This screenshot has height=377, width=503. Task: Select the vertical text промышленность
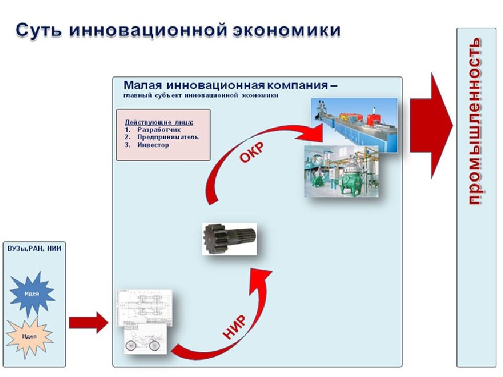coord(475,121)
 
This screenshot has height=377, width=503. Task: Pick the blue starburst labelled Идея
coord(31,293)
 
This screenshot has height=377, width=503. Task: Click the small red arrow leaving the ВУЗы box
coord(88,321)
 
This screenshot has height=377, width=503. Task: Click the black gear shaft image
coord(229,237)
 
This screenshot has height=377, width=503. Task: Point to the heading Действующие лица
coord(159,121)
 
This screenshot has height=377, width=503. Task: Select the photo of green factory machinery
coord(341,171)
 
